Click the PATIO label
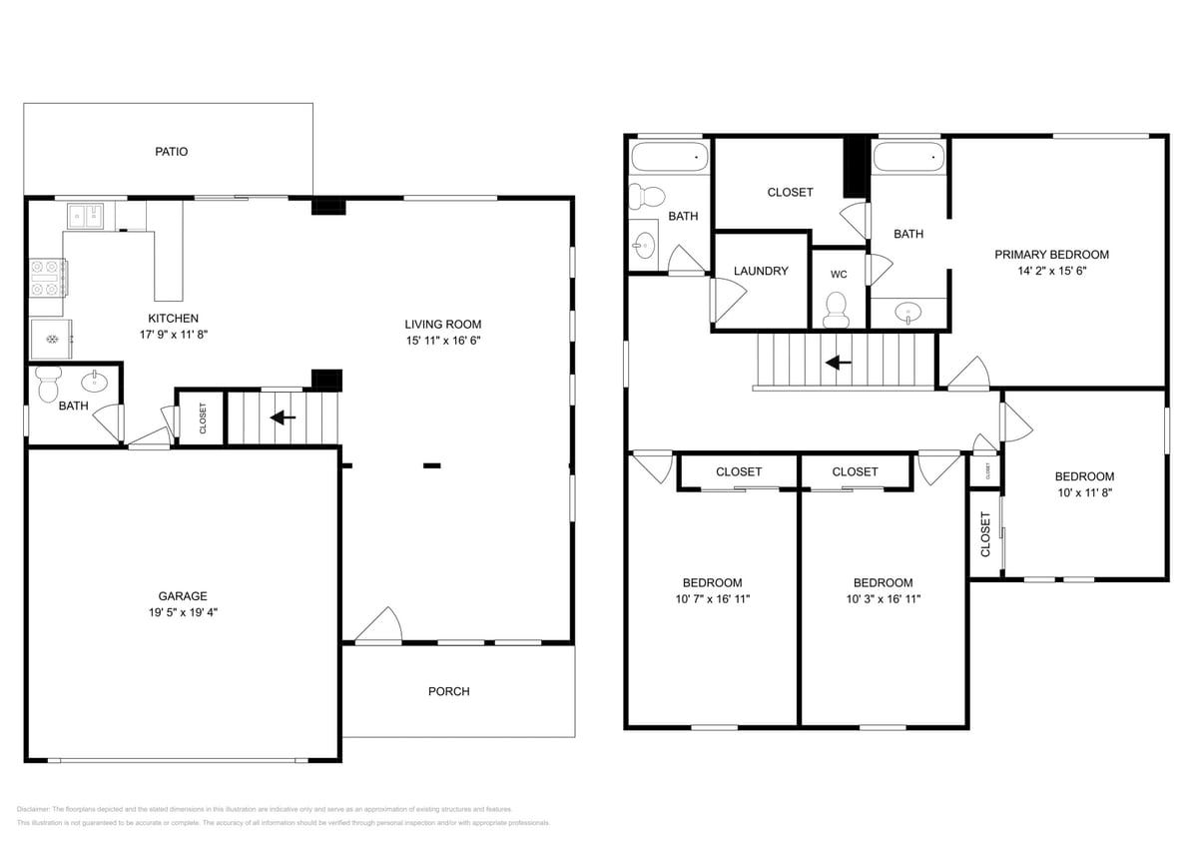pos(171,152)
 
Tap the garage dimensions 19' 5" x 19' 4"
pos(182,612)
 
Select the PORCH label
pos(448,691)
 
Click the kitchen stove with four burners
pos(47,278)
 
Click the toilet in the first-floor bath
pos(47,385)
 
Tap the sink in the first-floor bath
pos(97,381)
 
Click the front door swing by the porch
pos(380,626)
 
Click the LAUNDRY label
pos(761,271)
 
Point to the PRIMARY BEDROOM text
pos(1051,255)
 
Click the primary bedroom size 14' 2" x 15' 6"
pos(1051,271)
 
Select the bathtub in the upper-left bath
pos(669,157)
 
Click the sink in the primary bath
pos(907,312)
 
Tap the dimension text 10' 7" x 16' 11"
pos(712,599)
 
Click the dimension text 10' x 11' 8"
pos(1084,492)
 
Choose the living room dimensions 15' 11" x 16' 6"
pos(442,341)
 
